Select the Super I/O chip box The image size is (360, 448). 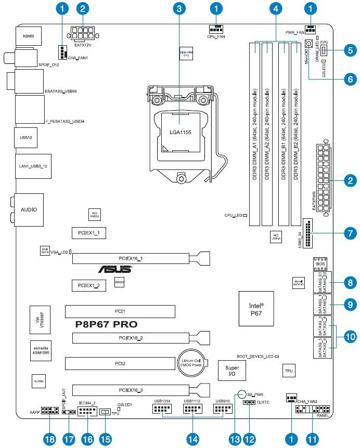point(232,371)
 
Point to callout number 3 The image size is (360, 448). point(179,8)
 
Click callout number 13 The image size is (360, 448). point(236,439)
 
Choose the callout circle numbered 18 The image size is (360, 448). point(49,439)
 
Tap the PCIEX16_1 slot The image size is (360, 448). point(140,258)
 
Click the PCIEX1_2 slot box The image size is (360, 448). point(89,285)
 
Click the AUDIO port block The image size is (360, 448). point(29,209)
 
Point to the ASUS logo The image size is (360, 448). point(115,269)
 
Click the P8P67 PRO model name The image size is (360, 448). point(107,324)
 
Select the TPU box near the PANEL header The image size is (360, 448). point(288,371)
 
